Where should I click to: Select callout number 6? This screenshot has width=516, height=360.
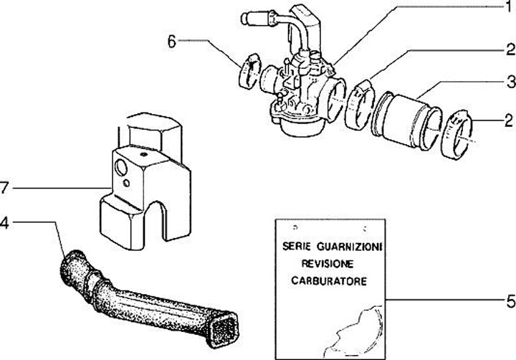(171, 42)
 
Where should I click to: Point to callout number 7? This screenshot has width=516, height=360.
(5, 188)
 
